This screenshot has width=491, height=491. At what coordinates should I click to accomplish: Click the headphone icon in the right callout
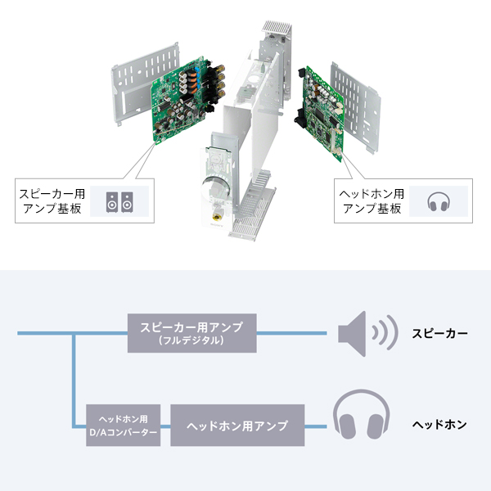pyautogui.click(x=439, y=200)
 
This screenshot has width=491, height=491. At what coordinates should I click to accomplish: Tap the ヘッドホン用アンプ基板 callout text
pyautogui.click(x=371, y=200)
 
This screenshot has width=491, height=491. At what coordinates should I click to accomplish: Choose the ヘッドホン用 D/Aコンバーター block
pyautogui.click(x=123, y=426)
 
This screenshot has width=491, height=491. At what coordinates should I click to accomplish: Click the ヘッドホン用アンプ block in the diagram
pyautogui.click(x=237, y=426)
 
